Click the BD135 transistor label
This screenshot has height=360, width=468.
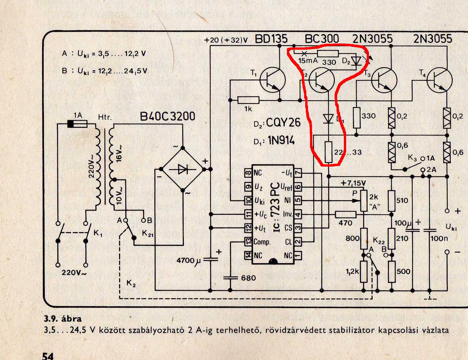tap(271, 39)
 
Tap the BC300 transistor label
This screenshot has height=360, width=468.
tap(322, 39)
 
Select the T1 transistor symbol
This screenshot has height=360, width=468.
tap(273, 80)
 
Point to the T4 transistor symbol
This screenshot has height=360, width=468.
tap(440, 80)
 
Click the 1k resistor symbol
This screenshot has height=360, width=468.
tap(248, 100)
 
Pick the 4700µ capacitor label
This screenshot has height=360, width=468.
tap(188, 260)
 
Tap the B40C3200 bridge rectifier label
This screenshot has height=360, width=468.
tap(168, 116)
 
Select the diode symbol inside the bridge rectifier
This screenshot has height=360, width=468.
tap(183, 169)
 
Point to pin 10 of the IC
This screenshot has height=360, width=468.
tap(248, 200)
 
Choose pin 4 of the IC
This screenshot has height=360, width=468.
tap(298, 214)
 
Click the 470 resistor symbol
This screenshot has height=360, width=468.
tap(346, 214)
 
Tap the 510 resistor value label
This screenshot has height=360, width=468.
tap(402, 200)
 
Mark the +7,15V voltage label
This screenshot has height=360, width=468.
tap(353, 183)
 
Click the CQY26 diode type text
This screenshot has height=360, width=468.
tap(283, 123)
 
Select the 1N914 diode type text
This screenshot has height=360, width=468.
tap(281, 140)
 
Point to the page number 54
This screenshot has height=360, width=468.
tap(48, 355)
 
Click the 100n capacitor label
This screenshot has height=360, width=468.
tap(439, 239)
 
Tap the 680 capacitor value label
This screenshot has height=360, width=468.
tap(249, 278)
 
